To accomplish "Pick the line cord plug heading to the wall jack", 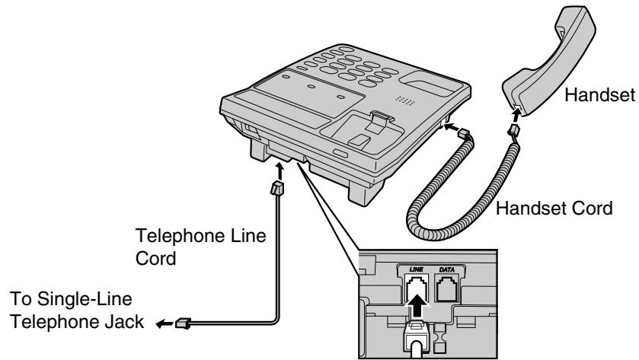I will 182,323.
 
